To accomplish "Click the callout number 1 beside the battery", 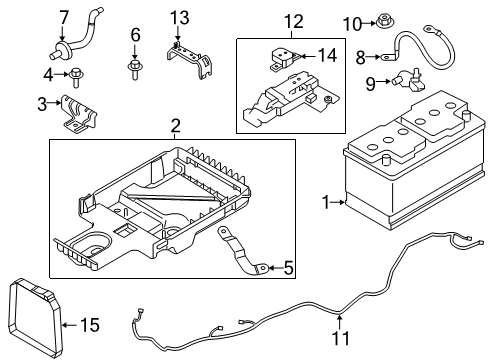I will tap(325, 203).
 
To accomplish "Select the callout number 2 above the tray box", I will tap(174, 126).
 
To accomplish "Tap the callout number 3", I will tap(42, 104).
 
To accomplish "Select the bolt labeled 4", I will tap(74, 72).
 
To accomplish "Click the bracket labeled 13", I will tap(190, 55).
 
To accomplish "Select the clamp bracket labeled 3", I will tap(78, 108).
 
